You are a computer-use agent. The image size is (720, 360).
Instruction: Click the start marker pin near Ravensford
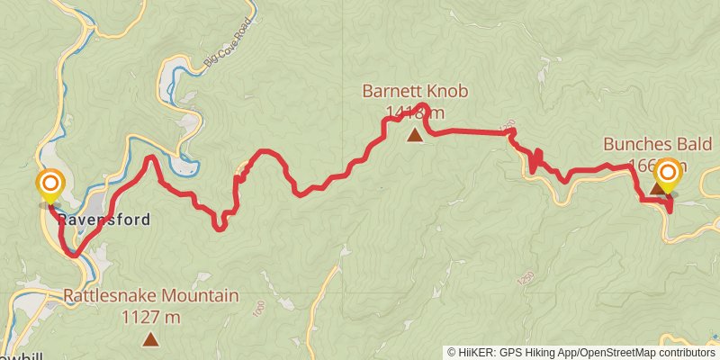tap(49, 186)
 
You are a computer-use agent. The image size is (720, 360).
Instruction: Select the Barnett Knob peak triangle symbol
tap(414, 136)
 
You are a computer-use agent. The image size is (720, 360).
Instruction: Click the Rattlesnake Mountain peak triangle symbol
tap(150, 339)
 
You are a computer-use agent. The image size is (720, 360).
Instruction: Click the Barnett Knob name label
tap(415, 92)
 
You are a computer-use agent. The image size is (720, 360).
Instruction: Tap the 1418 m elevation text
tap(415, 112)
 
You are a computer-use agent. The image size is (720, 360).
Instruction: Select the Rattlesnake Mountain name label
tap(150, 295)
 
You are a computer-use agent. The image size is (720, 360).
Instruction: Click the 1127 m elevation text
tap(150, 317)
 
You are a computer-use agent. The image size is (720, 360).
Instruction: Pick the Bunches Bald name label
tap(658, 145)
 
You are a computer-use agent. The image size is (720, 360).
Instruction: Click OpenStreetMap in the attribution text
tap(620, 352)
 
